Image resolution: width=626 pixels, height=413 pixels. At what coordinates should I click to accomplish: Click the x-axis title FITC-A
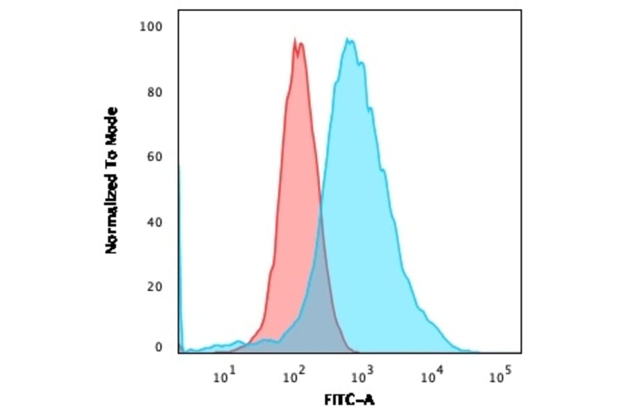click(x=350, y=400)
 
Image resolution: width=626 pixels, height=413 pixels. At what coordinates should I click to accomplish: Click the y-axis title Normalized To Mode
click(x=111, y=181)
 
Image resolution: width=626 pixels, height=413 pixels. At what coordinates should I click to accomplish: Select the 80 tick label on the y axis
click(x=155, y=92)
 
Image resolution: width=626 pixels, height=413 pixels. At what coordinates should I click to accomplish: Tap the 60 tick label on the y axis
click(x=155, y=157)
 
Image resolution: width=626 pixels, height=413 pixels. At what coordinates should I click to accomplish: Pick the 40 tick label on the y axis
click(x=155, y=222)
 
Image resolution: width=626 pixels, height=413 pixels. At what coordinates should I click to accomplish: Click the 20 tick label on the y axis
click(x=155, y=287)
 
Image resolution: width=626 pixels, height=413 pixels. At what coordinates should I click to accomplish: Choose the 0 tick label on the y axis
click(x=159, y=348)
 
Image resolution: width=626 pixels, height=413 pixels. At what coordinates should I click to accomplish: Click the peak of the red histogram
click(x=295, y=39)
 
